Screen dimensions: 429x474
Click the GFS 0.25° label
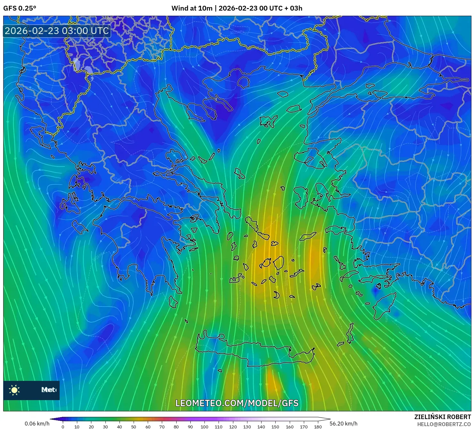(20, 8)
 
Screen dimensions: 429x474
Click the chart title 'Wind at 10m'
(192, 8)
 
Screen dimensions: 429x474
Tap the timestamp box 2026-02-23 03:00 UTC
(57, 31)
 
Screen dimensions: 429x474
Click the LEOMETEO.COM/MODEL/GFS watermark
(237, 403)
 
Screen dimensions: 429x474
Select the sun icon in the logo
(14, 390)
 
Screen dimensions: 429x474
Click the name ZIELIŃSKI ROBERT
(442, 417)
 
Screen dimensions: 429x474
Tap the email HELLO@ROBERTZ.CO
(444, 424)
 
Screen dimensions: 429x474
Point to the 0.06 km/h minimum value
(37, 424)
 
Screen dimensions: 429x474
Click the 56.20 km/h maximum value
(343, 424)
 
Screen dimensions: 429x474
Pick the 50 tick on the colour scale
(134, 426)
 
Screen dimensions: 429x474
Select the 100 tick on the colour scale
(204, 426)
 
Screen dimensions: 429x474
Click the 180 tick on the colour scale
(318, 426)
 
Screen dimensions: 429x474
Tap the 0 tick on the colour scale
(63, 426)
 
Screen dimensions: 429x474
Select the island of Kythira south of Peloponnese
(173, 302)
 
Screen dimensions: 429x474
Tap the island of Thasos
(243, 82)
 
